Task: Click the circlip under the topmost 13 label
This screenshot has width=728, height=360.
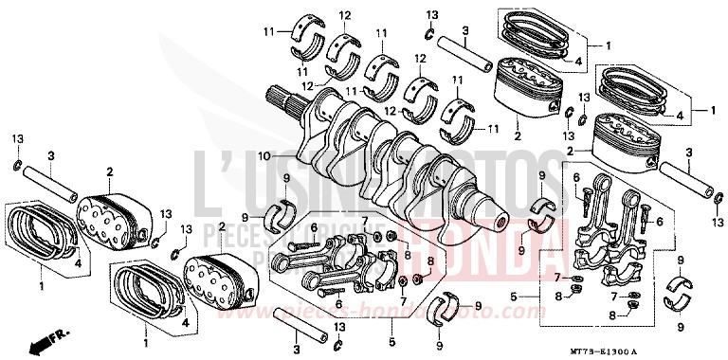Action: [430, 35]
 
